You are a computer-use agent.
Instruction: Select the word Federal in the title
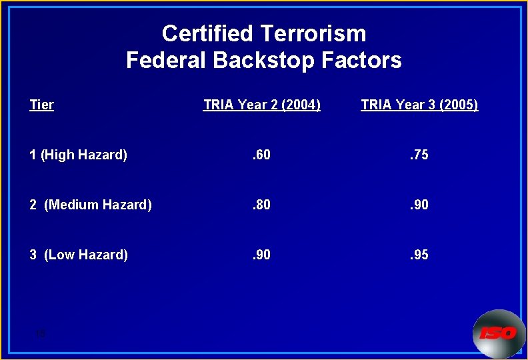pos(167,61)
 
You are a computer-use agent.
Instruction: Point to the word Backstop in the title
pos(265,61)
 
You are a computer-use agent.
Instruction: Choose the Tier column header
pos(42,105)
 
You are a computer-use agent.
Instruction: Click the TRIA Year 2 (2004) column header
pos(262,105)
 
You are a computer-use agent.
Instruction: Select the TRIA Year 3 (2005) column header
pos(419,105)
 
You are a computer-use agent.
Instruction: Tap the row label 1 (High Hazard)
pos(78,155)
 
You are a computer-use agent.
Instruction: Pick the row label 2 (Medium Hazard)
pos(91,205)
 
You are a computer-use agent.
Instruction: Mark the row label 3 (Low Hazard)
pos(79,255)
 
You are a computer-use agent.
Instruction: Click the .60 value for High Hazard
pos(261,155)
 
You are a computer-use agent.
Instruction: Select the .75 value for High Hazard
pos(419,155)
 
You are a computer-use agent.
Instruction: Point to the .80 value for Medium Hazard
pos(261,205)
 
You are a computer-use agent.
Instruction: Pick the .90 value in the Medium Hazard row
pos(419,205)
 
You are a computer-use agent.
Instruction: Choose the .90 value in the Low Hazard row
pos(261,255)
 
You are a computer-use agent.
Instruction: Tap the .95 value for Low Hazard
pos(419,255)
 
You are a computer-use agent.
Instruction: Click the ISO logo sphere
pos(499,333)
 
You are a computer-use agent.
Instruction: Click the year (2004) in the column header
pos(301,105)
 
